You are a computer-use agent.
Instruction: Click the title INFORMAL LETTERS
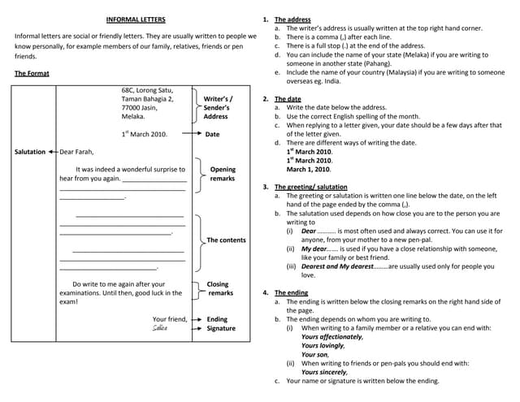pyautogui.click(x=136, y=19)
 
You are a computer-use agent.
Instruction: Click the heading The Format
pyautogui.click(x=32, y=73)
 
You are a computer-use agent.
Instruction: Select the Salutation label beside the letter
pyautogui.click(x=30, y=152)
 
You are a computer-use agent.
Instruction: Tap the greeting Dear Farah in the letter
pyautogui.click(x=77, y=152)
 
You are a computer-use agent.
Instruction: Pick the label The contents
pyautogui.click(x=226, y=240)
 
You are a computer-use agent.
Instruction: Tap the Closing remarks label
pyautogui.click(x=219, y=288)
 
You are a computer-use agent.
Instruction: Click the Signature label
pyautogui.click(x=221, y=329)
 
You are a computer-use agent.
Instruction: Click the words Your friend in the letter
pyautogui.click(x=169, y=319)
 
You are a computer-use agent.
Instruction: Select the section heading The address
pyautogui.click(x=292, y=19)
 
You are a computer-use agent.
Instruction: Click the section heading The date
pyautogui.click(x=288, y=98)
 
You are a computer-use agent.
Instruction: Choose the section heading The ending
pyautogui.click(x=291, y=292)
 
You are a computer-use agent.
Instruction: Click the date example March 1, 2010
pyautogui.click(x=309, y=170)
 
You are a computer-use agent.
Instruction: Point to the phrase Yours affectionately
pyautogui.click(x=331, y=336)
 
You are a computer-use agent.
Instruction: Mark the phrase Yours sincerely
pyautogui.click(x=323, y=372)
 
